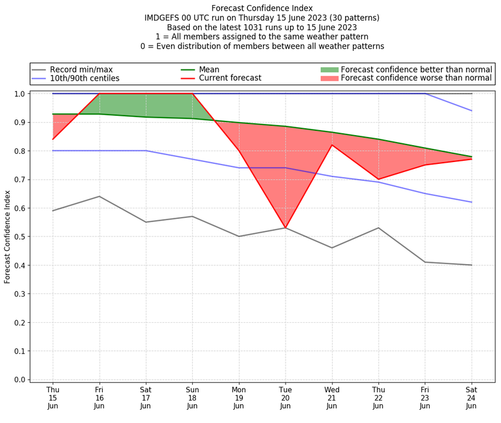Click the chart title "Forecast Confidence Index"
(x=262, y=8)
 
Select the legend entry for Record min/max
(x=81, y=69)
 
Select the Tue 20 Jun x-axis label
(x=285, y=397)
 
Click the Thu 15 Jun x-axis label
(x=53, y=397)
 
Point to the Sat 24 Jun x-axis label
(x=471, y=397)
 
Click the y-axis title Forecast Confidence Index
(x=8, y=237)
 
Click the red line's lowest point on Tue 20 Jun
(x=285, y=228)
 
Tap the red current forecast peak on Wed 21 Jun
(x=332, y=145)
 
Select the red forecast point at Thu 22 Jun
(x=378, y=180)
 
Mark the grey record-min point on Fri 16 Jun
(x=99, y=196)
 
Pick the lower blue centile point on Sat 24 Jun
(x=471, y=202)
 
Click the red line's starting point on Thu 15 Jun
(x=53, y=139)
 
